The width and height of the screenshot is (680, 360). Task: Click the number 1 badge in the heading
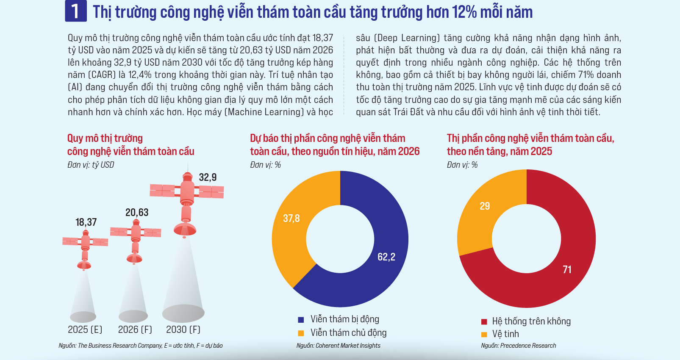[75, 11]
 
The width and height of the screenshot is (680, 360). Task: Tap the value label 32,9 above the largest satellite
[208, 177]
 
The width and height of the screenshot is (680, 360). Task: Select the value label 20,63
[137, 212]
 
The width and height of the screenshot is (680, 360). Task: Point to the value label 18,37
[86, 222]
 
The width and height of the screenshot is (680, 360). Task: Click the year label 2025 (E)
[85, 330]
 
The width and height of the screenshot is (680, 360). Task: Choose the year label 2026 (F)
[135, 330]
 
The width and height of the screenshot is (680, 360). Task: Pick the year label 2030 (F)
[183, 330]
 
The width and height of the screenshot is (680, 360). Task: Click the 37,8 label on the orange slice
[291, 218]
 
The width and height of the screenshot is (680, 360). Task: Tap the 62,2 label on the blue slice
[386, 257]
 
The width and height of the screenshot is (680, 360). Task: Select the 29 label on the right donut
[485, 206]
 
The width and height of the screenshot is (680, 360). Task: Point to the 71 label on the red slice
[567, 269]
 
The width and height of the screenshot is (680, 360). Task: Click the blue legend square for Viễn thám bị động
[301, 320]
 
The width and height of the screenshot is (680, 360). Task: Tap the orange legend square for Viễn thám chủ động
[301, 333]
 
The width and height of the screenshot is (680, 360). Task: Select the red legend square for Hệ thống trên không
[484, 322]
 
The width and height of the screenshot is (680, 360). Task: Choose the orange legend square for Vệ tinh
[484, 335]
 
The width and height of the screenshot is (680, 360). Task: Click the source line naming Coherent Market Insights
[338, 346]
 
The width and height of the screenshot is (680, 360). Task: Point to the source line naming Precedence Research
[519, 346]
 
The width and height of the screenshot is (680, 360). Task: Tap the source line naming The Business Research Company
[141, 346]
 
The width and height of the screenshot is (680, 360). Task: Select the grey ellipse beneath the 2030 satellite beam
[183, 313]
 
